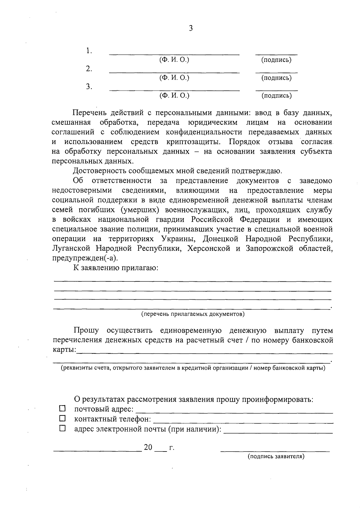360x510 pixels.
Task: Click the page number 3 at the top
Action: pos(190,28)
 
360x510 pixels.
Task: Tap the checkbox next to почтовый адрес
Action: pos(62,408)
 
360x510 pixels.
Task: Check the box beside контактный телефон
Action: pos(62,418)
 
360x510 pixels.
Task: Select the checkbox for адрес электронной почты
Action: pos(62,428)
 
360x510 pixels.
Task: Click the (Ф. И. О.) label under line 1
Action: pos(174,60)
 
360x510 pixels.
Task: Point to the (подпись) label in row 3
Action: pos(276,96)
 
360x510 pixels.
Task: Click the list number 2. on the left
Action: pos(89,69)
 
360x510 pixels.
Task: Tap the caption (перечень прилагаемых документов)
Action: pos(193,314)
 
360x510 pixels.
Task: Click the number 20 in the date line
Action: pos(148,447)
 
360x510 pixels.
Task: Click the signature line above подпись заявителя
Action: pos(275,451)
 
